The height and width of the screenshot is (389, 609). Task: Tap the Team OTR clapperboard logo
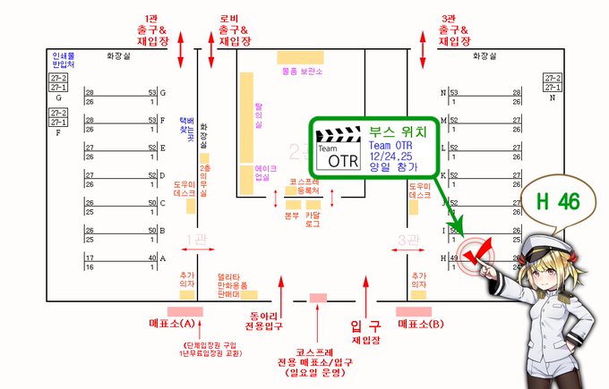coord(337,147)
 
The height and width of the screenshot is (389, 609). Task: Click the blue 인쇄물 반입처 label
coord(62,61)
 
